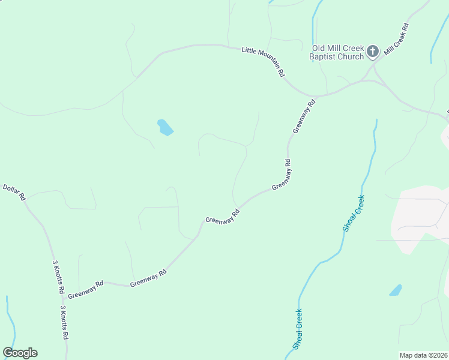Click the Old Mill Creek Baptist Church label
[337, 52]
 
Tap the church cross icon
[373, 52]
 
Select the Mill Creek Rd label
[397, 40]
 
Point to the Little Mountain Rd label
[263, 62]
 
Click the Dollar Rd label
[15, 192]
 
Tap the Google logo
[20, 353]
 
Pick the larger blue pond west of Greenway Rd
[164, 127]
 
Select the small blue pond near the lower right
[395, 290]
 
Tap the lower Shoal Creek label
[298, 329]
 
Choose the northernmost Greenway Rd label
[303, 116]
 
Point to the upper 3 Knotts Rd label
[58, 277]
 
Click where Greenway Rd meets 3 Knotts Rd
[63, 298]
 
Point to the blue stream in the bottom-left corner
[10, 324]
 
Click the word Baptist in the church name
[323, 57]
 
